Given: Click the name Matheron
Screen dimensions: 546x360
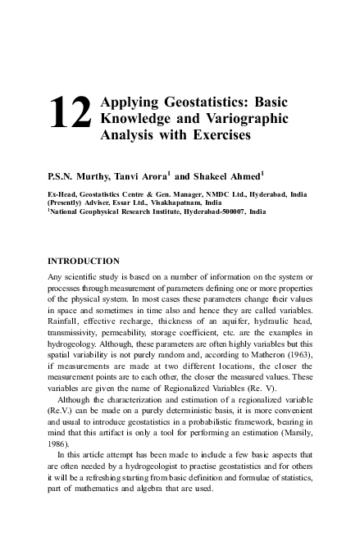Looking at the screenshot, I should (x=270, y=368).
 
